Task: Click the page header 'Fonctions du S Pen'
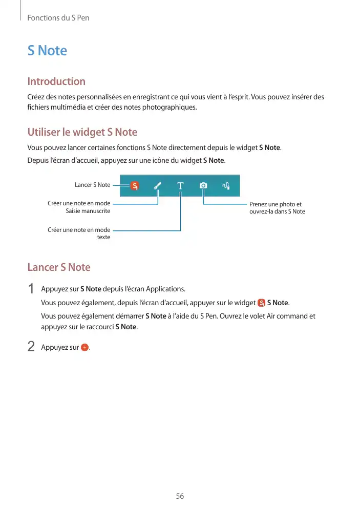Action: pyautogui.click(x=58, y=18)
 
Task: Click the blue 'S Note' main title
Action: pyautogui.click(x=47, y=51)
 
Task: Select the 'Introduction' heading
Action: pyautogui.click(x=56, y=81)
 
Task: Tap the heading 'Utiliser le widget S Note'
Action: pyautogui.click(x=82, y=132)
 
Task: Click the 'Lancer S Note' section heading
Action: pyautogui.click(x=58, y=267)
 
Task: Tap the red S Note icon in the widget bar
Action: pyautogui.click(x=134, y=186)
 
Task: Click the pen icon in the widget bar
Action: pyautogui.click(x=158, y=186)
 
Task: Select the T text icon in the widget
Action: pyautogui.click(x=180, y=186)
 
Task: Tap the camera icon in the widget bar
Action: pyautogui.click(x=203, y=186)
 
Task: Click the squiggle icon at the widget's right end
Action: pyautogui.click(x=226, y=186)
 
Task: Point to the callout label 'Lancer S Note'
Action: pyautogui.click(x=92, y=185)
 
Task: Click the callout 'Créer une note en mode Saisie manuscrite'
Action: pyautogui.click(x=79, y=207)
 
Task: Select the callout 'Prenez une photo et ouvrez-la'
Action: pyautogui.click(x=277, y=208)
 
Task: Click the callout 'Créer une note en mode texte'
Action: pyautogui.click(x=79, y=234)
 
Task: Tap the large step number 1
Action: pyautogui.click(x=31, y=289)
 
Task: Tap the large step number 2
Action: pyautogui.click(x=31, y=347)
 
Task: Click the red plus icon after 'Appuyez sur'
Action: pyautogui.click(x=85, y=348)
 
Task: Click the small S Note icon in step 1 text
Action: pyautogui.click(x=262, y=303)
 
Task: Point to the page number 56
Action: pyautogui.click(x=180, y=496)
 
